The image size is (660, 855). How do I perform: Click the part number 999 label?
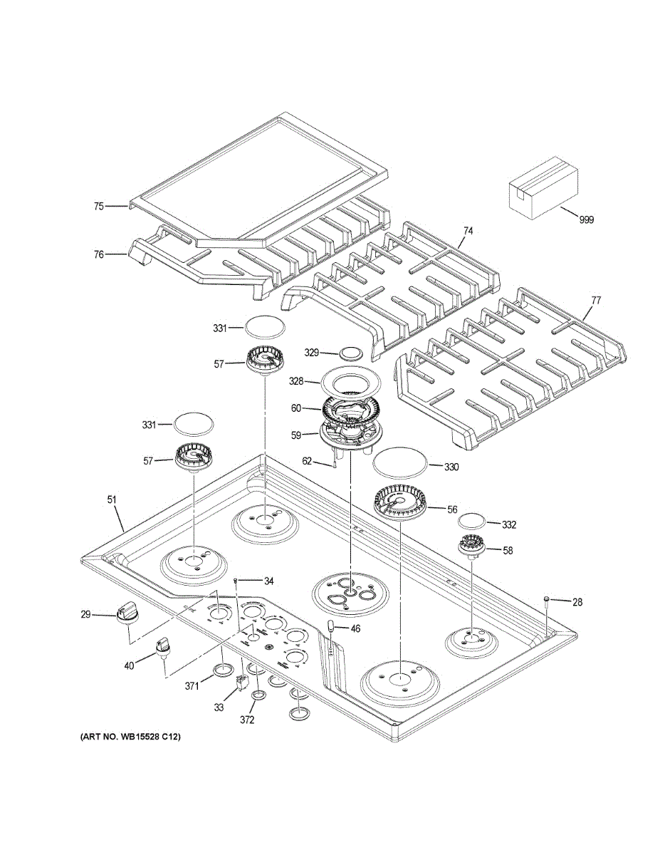point(586,219)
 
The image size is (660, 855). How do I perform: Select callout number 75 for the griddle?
point(99,206)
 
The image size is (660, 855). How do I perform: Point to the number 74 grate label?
point(468,231)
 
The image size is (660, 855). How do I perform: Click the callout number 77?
point(596,301)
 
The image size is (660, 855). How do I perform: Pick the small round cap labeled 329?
point(350,353)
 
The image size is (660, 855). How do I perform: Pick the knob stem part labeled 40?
point(162,648)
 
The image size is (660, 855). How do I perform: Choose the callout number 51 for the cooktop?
point(112,500)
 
